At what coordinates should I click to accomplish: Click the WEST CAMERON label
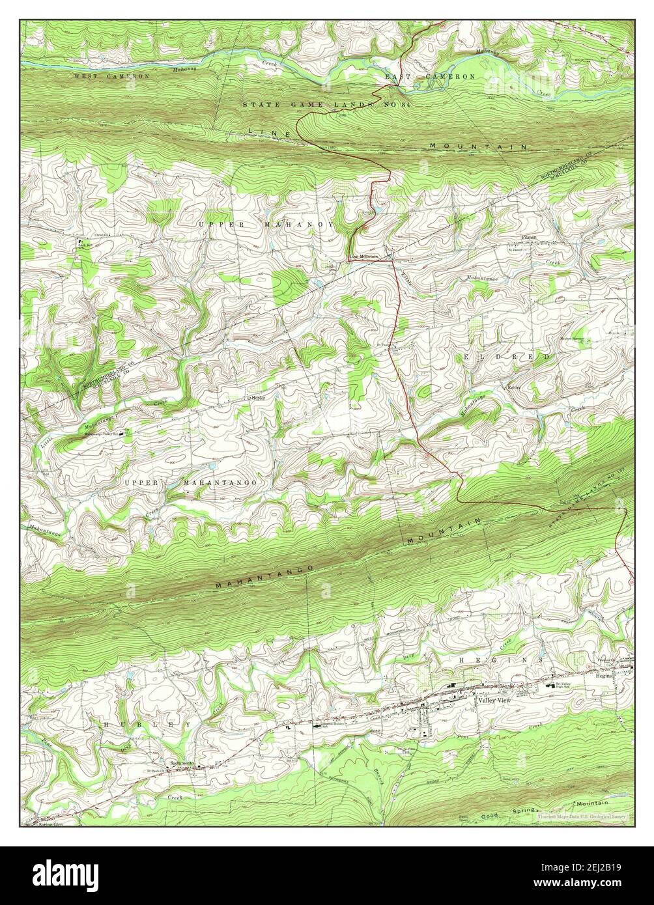[x=111, y=76]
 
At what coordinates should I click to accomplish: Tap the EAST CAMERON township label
[x=430, y=77]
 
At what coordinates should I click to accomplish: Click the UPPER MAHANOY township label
[x=266, y=224]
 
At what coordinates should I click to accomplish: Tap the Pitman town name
[x=529, y=238]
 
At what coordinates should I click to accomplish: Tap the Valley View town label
[x=494, y=702]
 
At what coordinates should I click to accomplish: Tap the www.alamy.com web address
[x=588, y=886]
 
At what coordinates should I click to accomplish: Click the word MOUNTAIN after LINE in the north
[x=479, y=147]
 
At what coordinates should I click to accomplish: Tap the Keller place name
[x=516, y=387]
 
